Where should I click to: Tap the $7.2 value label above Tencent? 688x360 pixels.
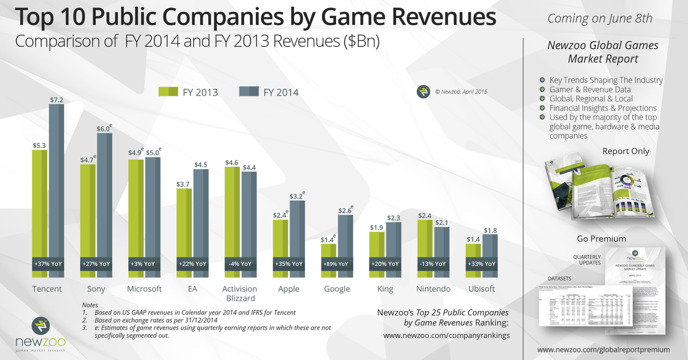pos(56,99)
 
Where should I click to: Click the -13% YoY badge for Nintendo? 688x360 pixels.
pos(433,264)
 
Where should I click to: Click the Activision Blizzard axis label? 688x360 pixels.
pos(240,293)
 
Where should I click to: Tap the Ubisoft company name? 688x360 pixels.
pos(481,288)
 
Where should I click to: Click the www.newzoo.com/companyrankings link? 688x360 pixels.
pos(446,335)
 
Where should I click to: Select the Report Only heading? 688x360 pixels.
pos(626,151)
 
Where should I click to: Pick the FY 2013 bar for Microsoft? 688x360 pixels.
pos(136,206)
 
